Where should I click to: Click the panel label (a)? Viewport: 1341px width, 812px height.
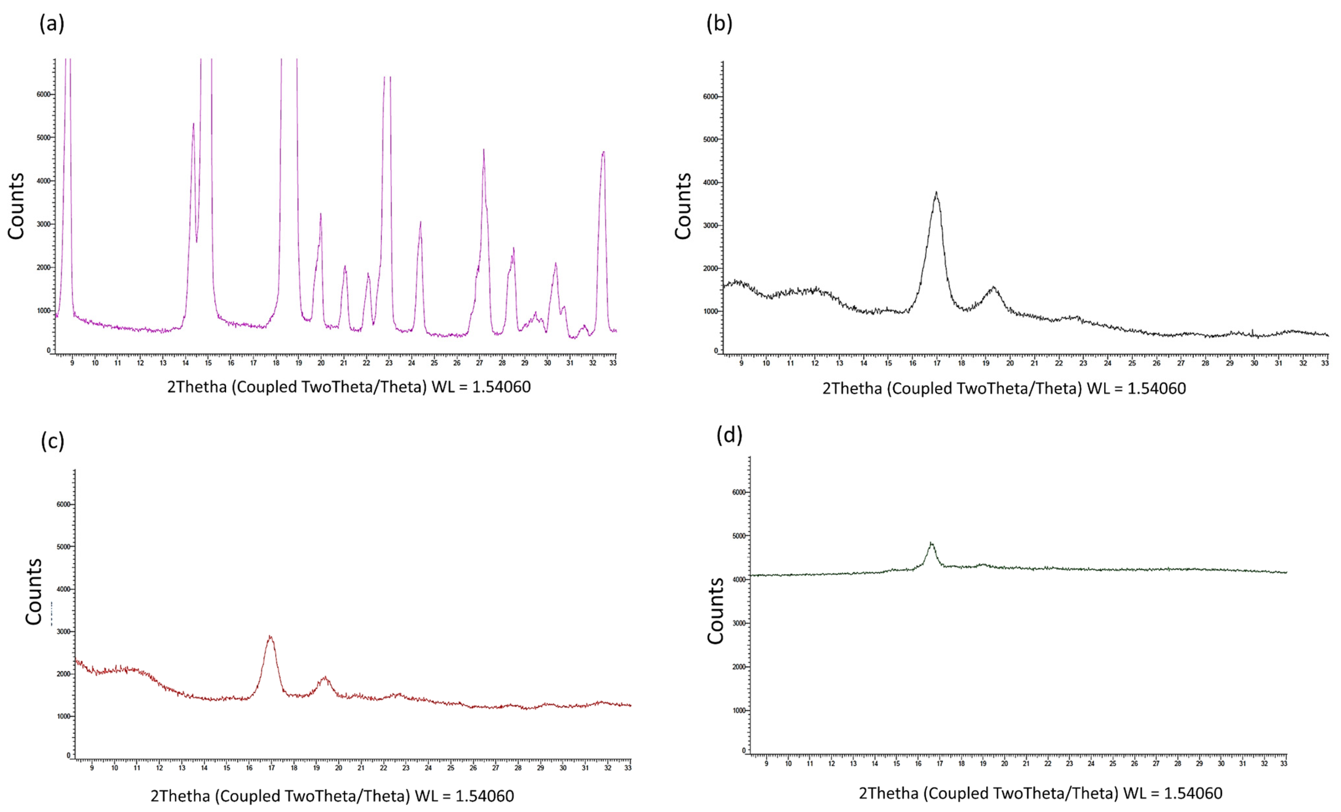[52, 24]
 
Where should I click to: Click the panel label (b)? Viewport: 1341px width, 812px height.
[719, 24]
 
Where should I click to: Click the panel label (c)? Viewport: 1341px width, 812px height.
[53, 441]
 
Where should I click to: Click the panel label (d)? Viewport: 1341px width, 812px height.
[729, 435]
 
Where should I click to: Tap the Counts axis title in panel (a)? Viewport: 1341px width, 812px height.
[16, 206]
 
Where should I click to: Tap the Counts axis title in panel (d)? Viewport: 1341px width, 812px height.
[716, 611]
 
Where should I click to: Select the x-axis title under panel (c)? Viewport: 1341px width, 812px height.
[332, 796]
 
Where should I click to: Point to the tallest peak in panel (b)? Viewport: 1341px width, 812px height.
[936, 193]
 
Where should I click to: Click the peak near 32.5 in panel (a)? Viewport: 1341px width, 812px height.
[603, 153]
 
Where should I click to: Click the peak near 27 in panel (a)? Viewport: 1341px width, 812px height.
[483, 151]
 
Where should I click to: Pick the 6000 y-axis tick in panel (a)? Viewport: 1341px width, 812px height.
[43, 94]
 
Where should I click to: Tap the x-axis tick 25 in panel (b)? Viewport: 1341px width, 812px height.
[1132, 363]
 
